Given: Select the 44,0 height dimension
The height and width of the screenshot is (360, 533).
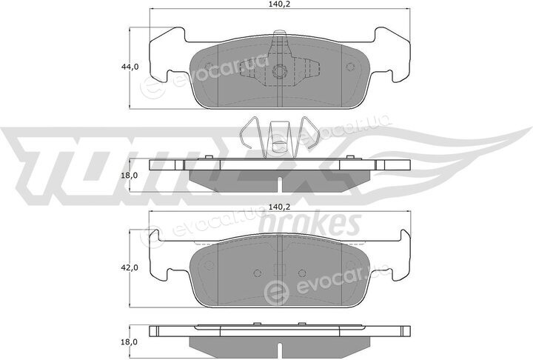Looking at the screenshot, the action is click(130, 67).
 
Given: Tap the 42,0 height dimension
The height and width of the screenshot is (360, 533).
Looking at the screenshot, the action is click(130, 268).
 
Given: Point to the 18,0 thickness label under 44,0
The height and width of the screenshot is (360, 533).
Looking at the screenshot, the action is click(129, 176).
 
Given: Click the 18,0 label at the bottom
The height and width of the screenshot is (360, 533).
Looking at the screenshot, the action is click(129, 341).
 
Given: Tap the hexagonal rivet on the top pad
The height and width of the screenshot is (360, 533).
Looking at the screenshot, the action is click(280, 72).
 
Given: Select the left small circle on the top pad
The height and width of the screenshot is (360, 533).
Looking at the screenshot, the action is click(209, 67).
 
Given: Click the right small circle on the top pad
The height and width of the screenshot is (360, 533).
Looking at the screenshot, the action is click(349, 67).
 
